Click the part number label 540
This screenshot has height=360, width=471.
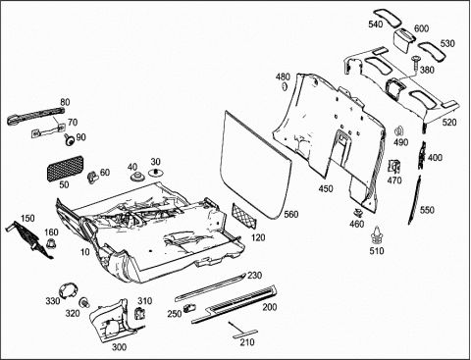[376, 25]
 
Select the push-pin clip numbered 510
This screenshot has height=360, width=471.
[377, 234]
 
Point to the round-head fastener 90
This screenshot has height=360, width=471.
[69, 140]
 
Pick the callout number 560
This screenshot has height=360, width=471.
[291, 214]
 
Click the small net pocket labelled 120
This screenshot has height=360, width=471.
[244, 215]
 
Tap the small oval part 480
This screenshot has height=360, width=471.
[285, 86]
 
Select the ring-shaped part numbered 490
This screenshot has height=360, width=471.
[398, 131]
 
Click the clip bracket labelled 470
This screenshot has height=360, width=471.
[394, 167]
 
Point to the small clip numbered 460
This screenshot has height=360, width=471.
[359, 213]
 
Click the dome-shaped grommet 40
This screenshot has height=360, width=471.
[137, 178]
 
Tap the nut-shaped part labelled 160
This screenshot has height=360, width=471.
[51, 243]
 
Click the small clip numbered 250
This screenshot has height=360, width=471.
[189, 307]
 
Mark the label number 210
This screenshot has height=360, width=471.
[247, 342]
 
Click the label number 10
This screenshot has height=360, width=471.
[85, 252]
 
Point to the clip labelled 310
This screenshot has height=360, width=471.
[139, 313]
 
